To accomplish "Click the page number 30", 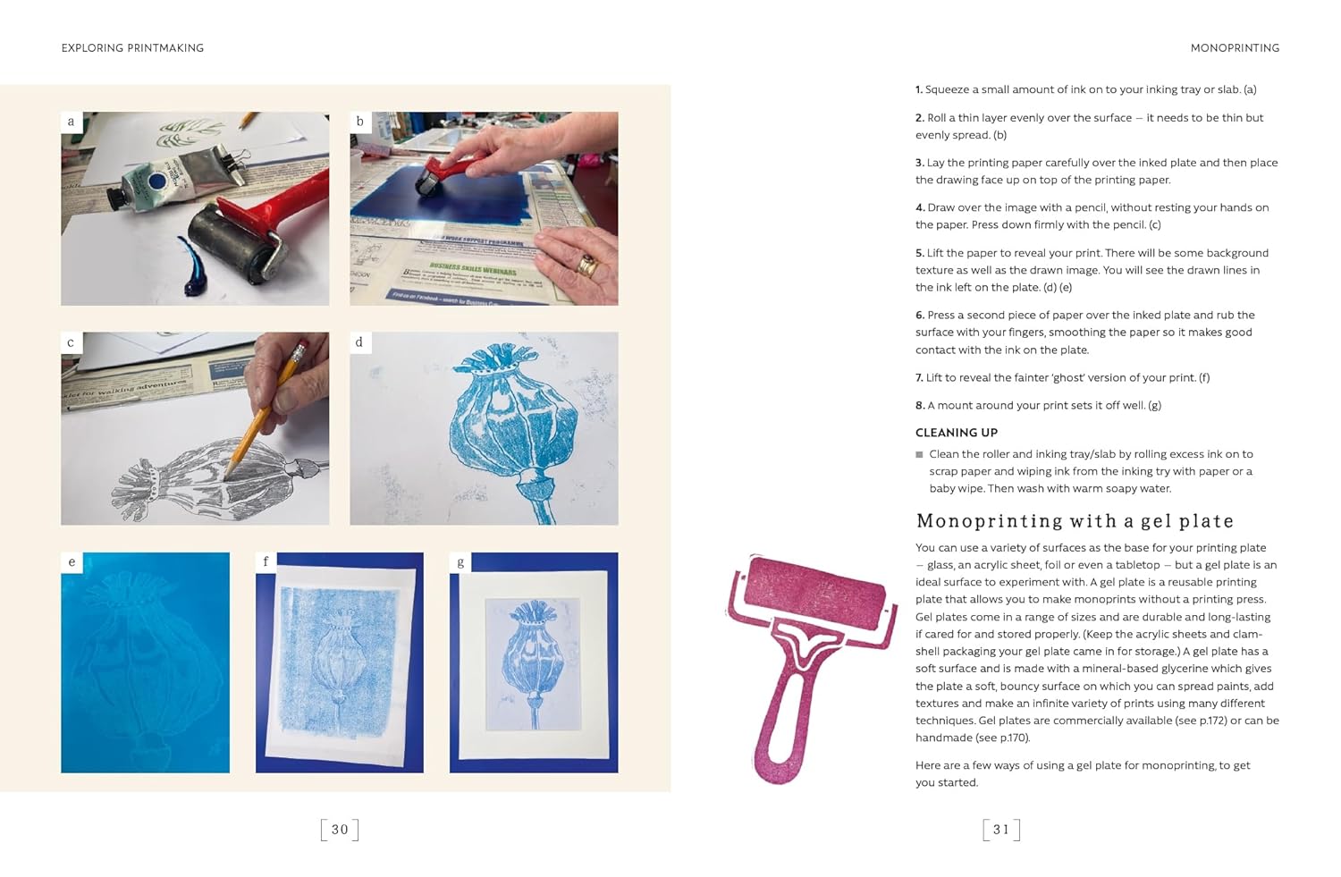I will click(x=340, y=830).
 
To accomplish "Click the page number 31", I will click(x=1000, y=830).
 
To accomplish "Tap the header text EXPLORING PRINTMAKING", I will click(x=132, y=48).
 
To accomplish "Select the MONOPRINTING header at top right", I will click(x=1235, y=48).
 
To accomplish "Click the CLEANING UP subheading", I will click(x=956, y=433).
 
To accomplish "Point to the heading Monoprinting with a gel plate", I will click(x=1075, y=521).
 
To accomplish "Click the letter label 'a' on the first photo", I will click(x=72, y=122).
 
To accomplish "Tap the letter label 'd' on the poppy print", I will click(x=359, y=342).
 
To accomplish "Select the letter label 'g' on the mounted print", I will click(x=460, y=562).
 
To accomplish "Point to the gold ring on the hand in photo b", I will click(x=587, y=265).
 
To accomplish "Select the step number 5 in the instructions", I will click(x=919, y=254).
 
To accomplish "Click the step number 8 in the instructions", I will click(x=919, y=406).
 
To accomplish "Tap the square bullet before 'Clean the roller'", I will click(x=919, y=455).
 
